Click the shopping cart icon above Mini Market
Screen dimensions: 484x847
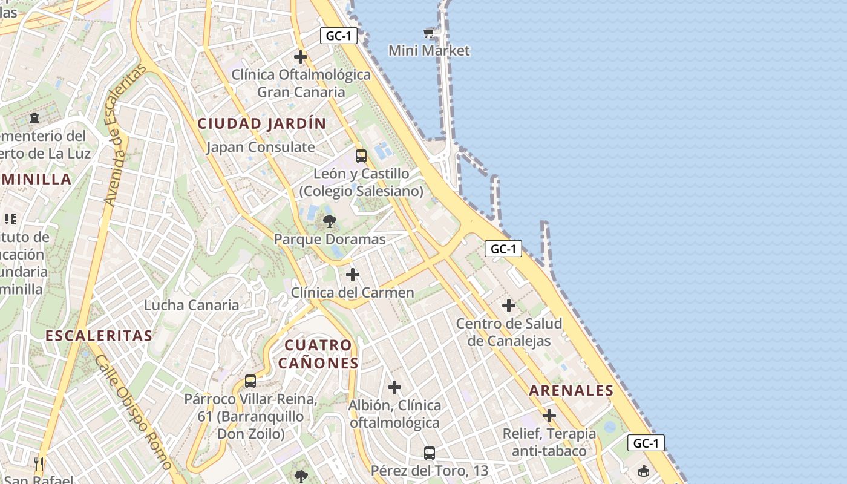tap(429, 33)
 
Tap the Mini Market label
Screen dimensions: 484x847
tap(429, 50)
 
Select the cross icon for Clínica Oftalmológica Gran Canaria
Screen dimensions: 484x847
tap(301, 57)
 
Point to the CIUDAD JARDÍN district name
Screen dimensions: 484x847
tap(262, 123)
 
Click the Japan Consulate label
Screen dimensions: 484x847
tap(261, 147)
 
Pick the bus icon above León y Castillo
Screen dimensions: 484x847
tap(361, 155)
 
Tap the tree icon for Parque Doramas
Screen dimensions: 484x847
tap(330, 221)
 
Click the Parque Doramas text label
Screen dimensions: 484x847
tap(330, 239)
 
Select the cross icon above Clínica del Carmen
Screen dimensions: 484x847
tap(353, 275)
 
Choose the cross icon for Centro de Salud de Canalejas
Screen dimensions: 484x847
tap(509, 306)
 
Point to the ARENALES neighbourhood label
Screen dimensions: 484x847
tap(571, 391)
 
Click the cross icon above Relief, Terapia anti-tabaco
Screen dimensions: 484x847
tap(549, 416)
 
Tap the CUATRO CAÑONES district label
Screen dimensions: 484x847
tap(318, 354)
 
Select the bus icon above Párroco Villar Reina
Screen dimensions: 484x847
tap(250, 381)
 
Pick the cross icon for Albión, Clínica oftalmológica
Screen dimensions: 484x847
tap(394, 387)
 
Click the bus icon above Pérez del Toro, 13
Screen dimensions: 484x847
tap(429, 453)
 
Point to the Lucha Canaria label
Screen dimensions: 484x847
tap(191, 305)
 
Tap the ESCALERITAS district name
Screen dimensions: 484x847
tap(99, 335)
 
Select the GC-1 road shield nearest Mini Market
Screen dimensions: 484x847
tap(339, 36)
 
